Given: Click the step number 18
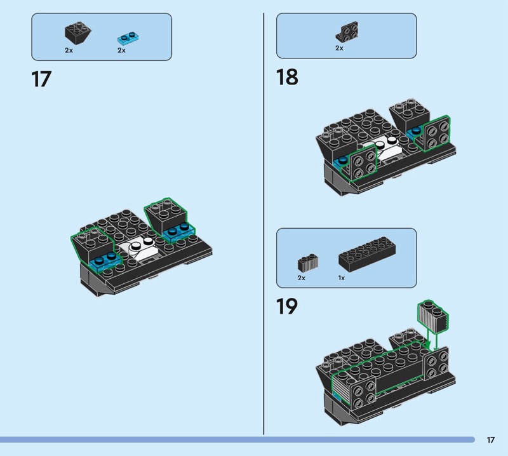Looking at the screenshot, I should click(286, 77).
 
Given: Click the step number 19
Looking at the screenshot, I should click(286, 307).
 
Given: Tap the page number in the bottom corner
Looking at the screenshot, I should click(491, 439).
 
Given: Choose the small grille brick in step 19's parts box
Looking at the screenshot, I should click(307, 262).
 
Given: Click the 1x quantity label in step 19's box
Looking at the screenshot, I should click(342, 278).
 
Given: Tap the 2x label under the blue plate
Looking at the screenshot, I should click(121, 50).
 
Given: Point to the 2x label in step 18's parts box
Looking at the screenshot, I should click(339, 48).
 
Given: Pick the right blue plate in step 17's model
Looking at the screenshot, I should click(179, 230).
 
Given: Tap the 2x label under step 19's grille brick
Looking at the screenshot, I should click(301, 278).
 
